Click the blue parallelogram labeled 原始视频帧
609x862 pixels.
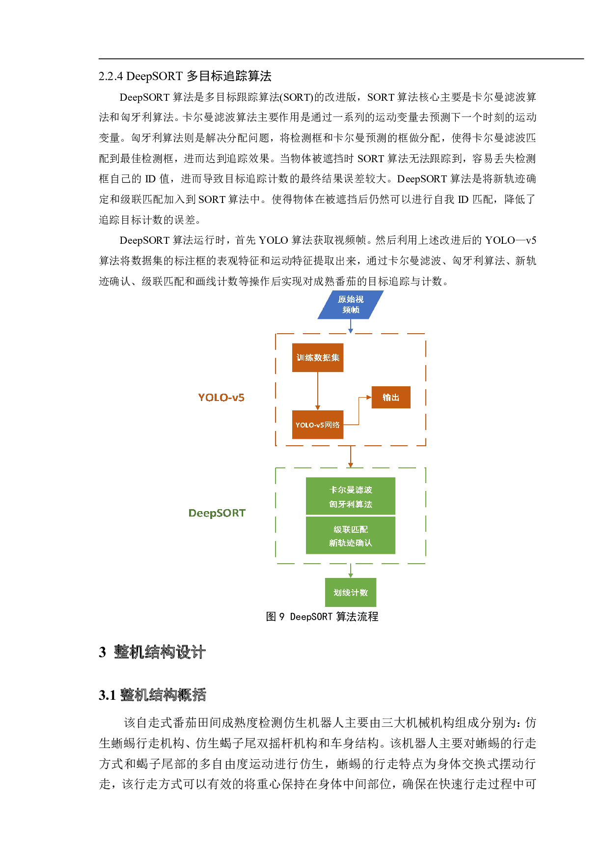pos(350,305)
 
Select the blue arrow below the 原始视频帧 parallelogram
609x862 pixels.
pos(350,326)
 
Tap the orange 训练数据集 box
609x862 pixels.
pos(318,357)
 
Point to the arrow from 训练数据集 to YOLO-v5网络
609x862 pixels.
pos(318,391)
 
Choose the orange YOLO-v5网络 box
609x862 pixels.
pos(318,425)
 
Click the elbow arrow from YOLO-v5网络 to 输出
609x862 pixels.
pos(359,410)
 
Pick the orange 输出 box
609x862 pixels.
pos(391,397)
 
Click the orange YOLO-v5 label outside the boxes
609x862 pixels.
pos(221,397)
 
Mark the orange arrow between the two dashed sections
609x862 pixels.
pos(350,457)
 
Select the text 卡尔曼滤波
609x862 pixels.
pos(351,489)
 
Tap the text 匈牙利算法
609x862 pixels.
pos(351,504)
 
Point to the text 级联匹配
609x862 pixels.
pos(351,529)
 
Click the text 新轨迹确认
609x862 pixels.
pos(351,543)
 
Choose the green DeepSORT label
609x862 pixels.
pos(217,513)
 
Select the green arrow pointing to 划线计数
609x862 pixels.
pos(350,571)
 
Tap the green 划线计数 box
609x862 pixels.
pos(351,592)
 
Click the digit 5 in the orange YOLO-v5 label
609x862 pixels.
pos(241,397)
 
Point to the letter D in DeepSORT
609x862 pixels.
pos(193,513)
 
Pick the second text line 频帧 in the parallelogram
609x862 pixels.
pos(351,310)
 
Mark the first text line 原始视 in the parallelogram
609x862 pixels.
pos(351,299)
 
